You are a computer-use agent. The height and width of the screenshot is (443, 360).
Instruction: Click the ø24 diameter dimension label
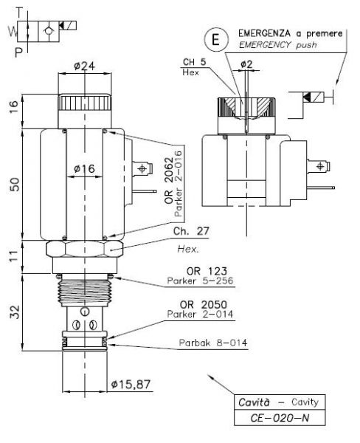click(x=84, y=66)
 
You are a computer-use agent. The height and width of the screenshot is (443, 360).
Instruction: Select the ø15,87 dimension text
click(x=131, y=384)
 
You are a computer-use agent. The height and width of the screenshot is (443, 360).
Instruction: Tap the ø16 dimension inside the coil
click(x=84, y=168)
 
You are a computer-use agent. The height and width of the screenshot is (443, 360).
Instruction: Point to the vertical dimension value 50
click(x=15, y=185)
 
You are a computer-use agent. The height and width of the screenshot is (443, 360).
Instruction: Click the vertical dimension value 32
click(x=15, y=312)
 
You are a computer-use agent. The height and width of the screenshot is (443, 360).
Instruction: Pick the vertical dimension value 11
click(x=15, y=256)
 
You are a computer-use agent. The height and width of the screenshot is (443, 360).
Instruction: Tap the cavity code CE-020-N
click(x=280, y=418)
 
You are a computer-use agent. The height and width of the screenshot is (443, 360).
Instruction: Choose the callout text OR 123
click(x=207, y=271)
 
